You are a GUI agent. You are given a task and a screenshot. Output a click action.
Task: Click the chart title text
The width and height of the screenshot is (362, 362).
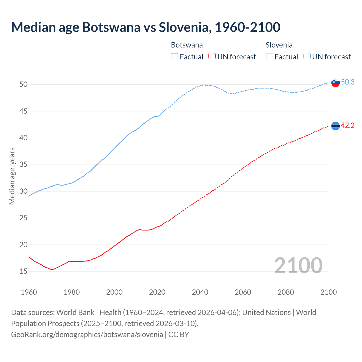(x=146, y=27)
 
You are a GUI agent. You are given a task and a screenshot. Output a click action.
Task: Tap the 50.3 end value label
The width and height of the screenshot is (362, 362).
(x=348, y=82)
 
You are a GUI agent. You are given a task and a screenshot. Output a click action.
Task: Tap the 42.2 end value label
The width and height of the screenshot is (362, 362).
(x=348, y=126)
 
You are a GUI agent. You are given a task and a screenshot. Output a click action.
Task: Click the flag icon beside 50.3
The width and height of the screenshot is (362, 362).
(x=335, y=83)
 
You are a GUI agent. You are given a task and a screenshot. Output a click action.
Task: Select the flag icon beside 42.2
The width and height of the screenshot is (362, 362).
(x=335, y=126)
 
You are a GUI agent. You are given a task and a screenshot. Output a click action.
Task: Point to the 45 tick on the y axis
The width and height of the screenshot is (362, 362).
(x=23, y=111)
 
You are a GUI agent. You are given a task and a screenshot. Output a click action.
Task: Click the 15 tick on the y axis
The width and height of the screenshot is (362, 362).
(x=23, y=271)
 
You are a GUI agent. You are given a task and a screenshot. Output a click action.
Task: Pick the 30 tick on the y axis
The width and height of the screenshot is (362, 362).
(x=23, y=191)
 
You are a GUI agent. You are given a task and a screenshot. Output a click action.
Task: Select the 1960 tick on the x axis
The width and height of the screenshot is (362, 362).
(x=29, y=292)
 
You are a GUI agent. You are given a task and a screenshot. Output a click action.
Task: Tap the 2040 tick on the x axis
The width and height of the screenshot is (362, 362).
(x=200, y=292)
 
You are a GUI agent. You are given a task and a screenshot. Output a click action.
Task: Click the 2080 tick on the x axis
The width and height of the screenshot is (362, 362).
(x=286, y=292)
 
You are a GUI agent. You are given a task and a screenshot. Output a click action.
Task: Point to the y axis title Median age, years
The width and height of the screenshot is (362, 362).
(x=12, y=176)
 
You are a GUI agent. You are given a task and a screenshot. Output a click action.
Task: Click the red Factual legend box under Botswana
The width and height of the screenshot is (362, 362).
(x=174, y=57)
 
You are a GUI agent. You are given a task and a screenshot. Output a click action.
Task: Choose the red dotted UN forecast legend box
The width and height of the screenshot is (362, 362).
(x=212, y=57)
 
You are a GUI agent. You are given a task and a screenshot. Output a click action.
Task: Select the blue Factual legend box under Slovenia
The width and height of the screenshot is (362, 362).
(x=270, y=57)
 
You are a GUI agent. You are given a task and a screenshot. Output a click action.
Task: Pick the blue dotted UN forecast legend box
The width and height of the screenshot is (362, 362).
(x=307, y=57)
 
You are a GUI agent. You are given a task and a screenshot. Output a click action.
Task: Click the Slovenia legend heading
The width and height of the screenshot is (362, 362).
(x=279, y=45)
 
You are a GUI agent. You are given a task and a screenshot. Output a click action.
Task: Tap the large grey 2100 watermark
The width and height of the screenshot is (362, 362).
(x=298, y=265)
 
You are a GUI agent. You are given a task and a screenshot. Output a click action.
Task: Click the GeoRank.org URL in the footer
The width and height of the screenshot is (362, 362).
(x=87, y=335)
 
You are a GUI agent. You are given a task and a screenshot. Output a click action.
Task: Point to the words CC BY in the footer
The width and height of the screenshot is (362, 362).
(x=178, y=335)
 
